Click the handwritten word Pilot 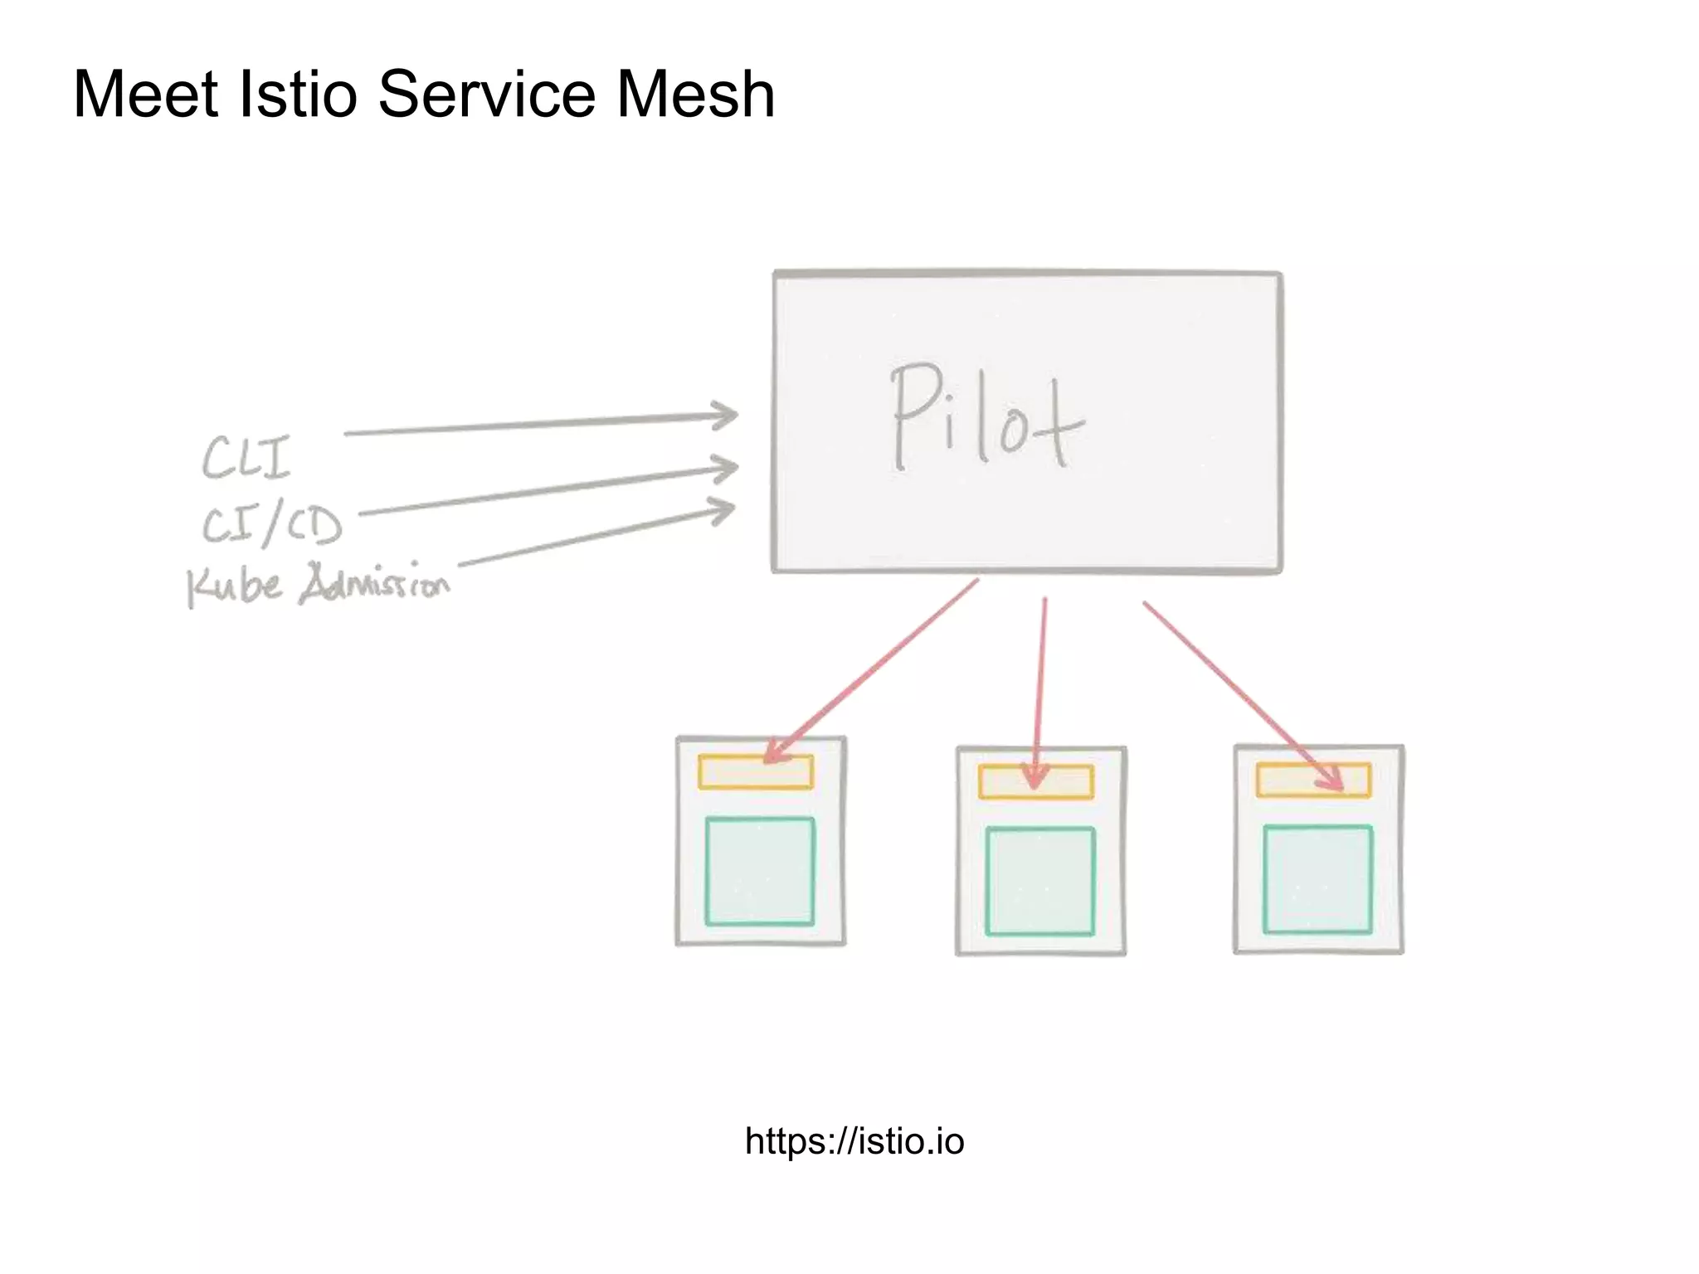click(986, 419)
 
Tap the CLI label click(246, 458)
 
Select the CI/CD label click(272, 525)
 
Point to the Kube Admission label click(318, 585)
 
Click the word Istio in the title click(297, 94)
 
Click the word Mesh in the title click(695, 94)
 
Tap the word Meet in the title click(146, 94)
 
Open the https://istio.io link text click(854, 1141)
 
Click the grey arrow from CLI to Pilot click(539, 424)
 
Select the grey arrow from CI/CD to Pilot click(548, 492)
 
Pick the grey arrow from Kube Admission click(596, 537)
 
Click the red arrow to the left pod click(871, 668)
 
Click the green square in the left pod click(760, 871)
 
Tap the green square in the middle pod click(1040, 881)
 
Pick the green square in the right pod click(1317, 879)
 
